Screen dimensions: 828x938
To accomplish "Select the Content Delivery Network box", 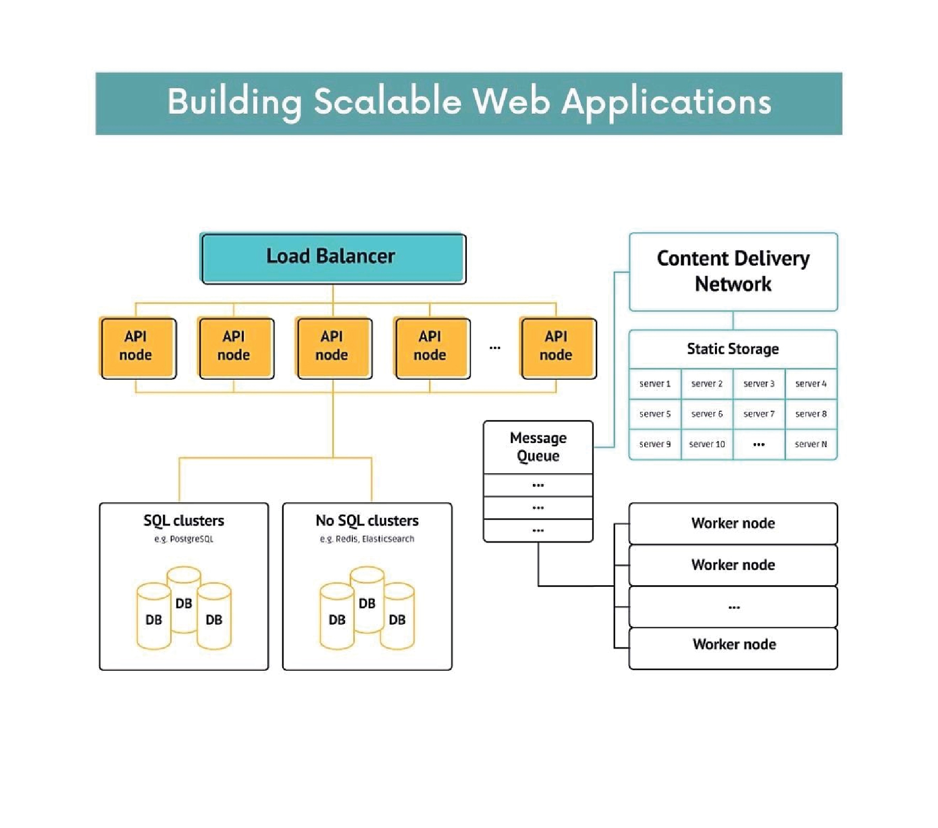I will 733,271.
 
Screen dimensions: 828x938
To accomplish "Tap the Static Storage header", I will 733,349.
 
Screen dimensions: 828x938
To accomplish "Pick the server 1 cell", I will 655,384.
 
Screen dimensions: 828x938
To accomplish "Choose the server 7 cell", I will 758,414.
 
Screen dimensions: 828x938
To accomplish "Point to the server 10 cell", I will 707,444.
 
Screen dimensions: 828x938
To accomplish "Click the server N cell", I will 811,444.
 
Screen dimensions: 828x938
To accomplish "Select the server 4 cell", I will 811,384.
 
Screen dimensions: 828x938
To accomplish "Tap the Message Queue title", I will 538,447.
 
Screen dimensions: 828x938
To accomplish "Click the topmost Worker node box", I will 733,523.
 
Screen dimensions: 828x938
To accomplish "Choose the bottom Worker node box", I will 734,644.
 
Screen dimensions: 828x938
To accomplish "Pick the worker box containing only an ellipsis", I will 734,606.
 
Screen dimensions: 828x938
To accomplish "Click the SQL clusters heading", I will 184,520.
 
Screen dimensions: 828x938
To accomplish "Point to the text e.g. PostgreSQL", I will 184,539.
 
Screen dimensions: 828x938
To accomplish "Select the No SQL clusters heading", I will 367,520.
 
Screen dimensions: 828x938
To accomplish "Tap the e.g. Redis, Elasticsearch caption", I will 367,539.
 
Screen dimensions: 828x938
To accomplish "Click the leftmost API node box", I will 138,348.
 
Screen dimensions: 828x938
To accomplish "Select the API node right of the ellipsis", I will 558,348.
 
